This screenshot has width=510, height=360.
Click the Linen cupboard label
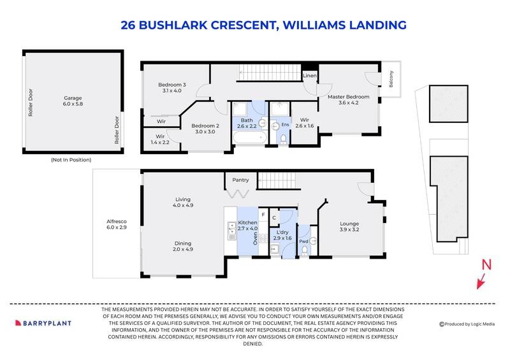pos(310,75)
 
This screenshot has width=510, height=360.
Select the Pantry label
pos(240,180)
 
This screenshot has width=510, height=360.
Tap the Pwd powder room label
pos(303,243)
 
